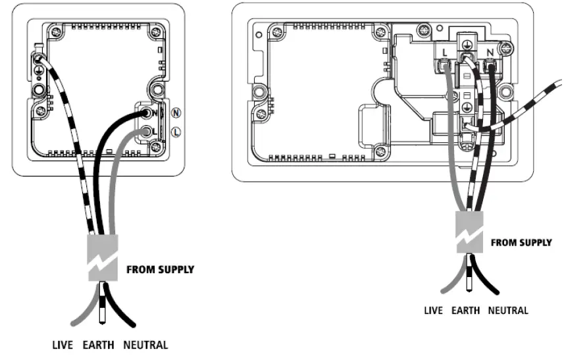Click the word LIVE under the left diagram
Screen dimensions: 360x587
64,344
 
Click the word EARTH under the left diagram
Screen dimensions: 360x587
99,344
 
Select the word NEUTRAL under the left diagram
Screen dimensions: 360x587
145,344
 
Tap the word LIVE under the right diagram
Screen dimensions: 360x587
433,310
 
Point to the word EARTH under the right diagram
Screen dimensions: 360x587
467,310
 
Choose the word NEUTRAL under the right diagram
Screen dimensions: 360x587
507,310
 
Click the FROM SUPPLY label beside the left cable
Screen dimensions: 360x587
160,270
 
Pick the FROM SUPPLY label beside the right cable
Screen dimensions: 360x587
521,243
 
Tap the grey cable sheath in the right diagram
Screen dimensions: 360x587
470,232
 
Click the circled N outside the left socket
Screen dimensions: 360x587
176,113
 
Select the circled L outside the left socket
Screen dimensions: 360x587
176,132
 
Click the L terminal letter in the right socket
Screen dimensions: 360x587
446,51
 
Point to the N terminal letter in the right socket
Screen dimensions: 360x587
490,51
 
